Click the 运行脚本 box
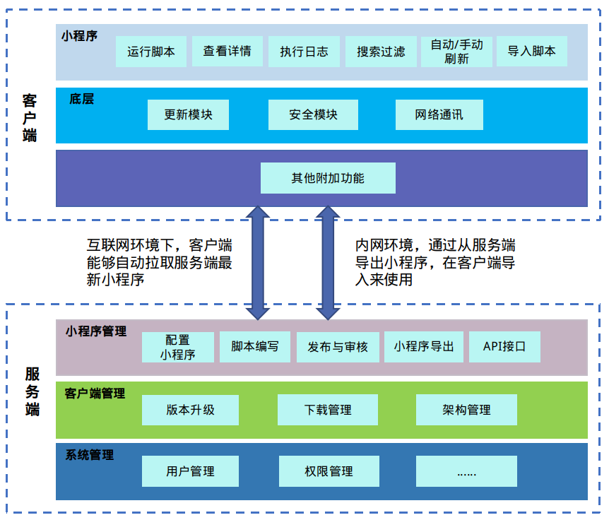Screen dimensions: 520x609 point(151,52)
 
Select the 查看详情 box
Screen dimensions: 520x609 point(227,52)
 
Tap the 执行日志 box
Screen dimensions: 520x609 point(304,52)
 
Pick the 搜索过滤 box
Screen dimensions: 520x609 point(381,52)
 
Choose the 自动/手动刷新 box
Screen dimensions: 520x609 point(457,52)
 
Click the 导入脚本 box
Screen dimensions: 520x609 point(532,52)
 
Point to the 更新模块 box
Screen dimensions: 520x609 point(188,114)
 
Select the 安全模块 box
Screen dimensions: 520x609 point(313,114)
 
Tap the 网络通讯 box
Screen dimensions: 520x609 point(439,114)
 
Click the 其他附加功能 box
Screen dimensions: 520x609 point(328,178)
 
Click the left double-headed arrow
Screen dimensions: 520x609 point(257,261)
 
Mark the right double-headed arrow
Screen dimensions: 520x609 point(326,261)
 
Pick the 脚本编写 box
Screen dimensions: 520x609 point(255,347)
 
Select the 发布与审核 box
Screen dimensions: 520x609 point(338,347)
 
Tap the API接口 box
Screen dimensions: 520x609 point(504,347)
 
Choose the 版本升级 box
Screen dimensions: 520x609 point(190,410)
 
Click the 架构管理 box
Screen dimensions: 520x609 point(466,410)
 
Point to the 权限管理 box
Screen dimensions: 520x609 point(329,471)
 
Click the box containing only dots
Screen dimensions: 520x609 point(466,471)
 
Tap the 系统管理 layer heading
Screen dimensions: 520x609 point(90,455)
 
